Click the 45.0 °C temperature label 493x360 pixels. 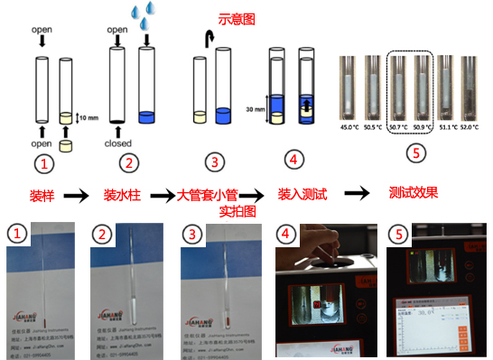[x=348, y=127]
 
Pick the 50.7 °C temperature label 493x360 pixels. [x=397, y=127]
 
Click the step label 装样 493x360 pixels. [x=41, y=194]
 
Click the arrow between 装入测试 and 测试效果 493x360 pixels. [x=358, y=193]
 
